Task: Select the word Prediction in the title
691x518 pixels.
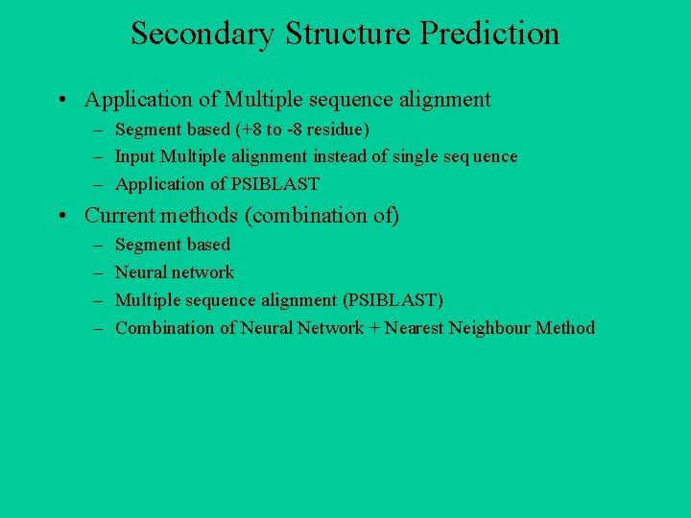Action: point(489,35)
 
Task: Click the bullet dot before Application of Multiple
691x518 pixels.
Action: point(60,100)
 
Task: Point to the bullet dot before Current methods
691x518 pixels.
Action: point(60,216)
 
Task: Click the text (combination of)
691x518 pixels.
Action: point(322,216)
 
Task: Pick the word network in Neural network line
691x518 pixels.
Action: point(203,272)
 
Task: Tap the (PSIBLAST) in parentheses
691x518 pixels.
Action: point(393,300)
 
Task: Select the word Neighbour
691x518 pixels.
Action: point(488,328)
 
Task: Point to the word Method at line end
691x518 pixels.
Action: point(565,328)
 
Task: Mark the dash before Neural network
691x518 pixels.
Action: point(98,272)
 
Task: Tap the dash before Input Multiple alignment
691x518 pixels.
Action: point(98,156)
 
